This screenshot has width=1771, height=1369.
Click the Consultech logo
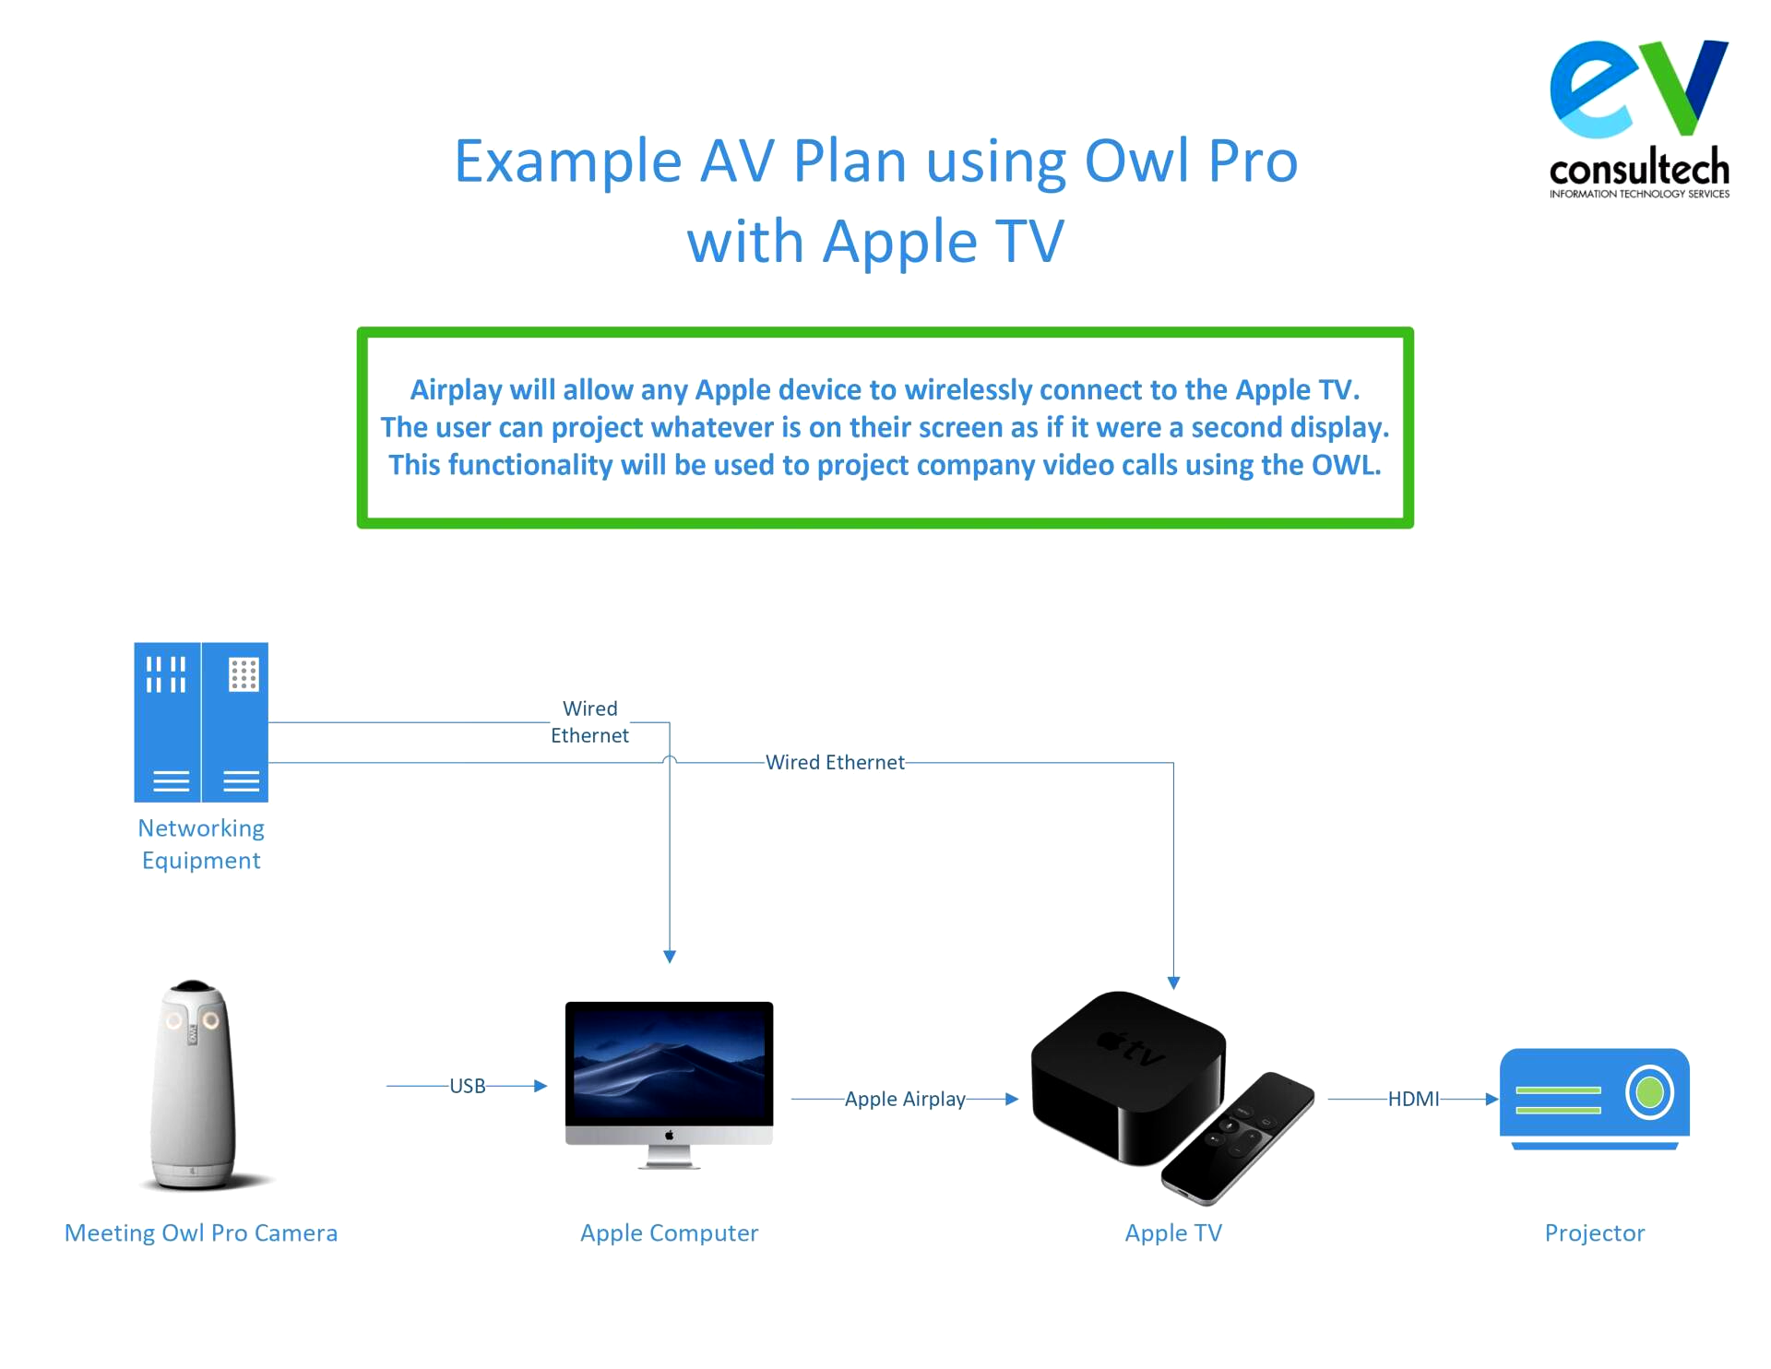(1639, 119)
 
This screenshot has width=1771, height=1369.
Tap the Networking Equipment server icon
(201, 722)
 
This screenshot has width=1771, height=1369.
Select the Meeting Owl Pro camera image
(194, 1085)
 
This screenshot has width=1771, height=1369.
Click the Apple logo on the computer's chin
(670, 1136)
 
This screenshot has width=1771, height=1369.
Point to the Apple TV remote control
(1238, 1139)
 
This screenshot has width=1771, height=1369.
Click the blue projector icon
(1594, 1099)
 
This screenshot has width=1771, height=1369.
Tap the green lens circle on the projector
(1649, 1093)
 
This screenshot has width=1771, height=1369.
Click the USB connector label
(468, 1086)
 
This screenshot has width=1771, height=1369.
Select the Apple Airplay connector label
(905, 1099)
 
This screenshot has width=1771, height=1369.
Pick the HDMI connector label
(1413, 1099)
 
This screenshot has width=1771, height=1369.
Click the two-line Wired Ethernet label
(590, 722)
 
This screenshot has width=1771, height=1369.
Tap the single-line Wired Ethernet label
(835, 762)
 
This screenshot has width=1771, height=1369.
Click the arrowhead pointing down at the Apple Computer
(670, 958)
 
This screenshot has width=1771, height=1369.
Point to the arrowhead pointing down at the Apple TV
(1173, 983)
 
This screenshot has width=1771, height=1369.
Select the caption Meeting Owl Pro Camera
(201, 1233)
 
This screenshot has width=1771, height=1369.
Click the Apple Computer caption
(670, 1233)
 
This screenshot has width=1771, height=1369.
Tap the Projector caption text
(1595, 1233)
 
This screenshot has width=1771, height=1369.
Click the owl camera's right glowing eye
(211, 1019)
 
